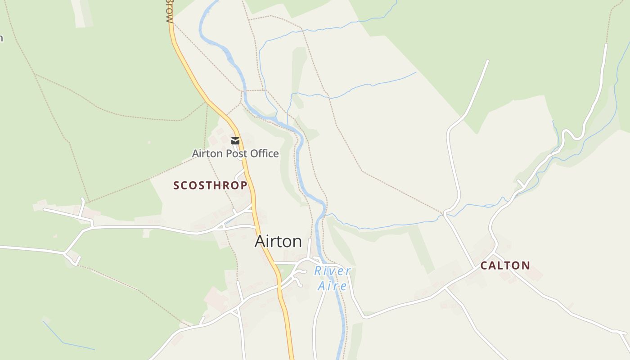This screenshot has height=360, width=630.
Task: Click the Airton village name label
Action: point(278,242)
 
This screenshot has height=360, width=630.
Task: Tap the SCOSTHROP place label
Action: point(210,185)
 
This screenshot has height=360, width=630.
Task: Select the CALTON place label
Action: point(505,265)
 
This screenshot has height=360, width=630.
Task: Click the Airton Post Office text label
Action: point(235,153)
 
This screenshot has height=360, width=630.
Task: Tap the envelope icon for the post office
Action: point(235,141)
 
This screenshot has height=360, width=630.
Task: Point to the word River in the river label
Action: point(332,271)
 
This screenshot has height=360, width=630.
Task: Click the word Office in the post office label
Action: point(265,153)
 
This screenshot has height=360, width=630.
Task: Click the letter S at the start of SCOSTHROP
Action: point(176,185)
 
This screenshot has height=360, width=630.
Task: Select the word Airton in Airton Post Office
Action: point(207,153)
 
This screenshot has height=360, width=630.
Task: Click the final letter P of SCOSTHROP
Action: point(244,185)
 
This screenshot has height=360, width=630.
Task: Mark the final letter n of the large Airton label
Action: point(297,242)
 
